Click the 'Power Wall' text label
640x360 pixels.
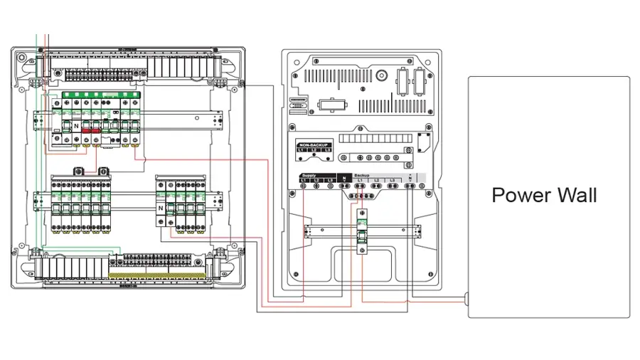click(x=544, y=195)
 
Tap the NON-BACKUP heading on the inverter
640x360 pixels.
click(x=314, y=144)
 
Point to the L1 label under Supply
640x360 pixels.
click(x=303, y=180)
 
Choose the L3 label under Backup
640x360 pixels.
click(x=392, y=180)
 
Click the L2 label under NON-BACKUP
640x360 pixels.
click(x=314, y=150)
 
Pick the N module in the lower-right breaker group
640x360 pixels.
click(x=161, y=208)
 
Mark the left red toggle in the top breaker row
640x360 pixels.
click(x=87, y=131)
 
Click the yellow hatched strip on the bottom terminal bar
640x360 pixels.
click(x=158, y=274)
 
